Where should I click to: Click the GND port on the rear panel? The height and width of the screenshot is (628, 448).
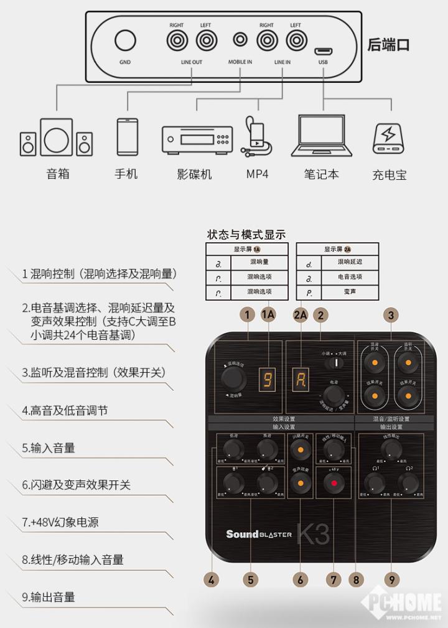click(125, 41)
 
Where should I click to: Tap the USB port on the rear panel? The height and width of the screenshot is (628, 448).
click(323, 51)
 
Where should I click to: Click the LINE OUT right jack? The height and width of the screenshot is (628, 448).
click(177, 41)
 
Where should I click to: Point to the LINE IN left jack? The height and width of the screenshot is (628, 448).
click(296, 41)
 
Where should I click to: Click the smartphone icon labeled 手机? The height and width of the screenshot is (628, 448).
click(126, 136)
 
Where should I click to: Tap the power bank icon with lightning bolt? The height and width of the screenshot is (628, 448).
click(389, 139)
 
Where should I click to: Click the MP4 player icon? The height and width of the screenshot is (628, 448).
click(256, 139)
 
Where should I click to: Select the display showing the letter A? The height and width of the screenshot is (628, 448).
click(301, 378)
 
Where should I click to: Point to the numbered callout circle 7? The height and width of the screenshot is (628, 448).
click(335, 579)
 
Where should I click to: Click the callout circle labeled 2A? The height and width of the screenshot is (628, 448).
click(301, 315)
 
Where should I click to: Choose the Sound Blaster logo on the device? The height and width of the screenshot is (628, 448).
click(259, 534)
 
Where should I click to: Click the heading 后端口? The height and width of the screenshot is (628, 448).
click(389, 45)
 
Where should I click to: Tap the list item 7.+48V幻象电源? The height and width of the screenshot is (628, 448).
click(60, 522)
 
